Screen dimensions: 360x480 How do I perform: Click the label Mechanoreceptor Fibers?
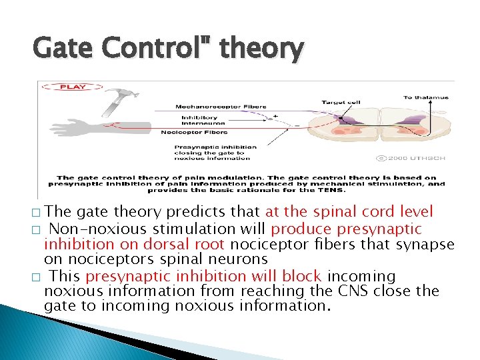(221, 107)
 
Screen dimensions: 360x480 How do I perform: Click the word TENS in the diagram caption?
(333, 190)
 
